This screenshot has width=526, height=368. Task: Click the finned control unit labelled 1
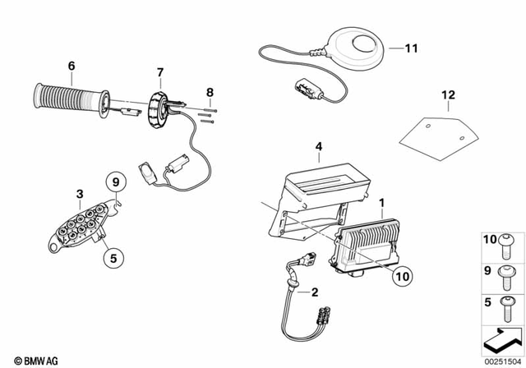(x=367, y=242)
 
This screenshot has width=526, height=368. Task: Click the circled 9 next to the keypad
(x=116, y=182)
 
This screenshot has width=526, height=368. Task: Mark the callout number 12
(x=447, y=96)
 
